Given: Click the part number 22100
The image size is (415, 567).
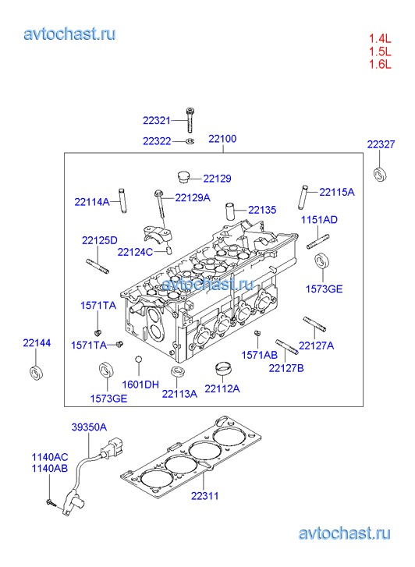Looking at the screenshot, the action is tap(222, 139).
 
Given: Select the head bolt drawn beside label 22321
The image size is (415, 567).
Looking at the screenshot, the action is tap(190, 120).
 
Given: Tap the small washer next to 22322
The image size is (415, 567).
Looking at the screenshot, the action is tap(190, 141).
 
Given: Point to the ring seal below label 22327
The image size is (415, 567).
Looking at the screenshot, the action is tap(380, 174).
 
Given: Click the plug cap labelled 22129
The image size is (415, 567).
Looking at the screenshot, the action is tap(184, 177).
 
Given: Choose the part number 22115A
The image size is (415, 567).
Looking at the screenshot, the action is tap(337, 192).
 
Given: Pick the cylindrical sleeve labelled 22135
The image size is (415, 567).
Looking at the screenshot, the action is tap(230, 211).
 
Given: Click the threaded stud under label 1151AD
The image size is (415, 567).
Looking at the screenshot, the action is tap(318, 242).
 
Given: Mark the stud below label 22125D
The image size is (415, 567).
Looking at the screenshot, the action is tap(97, 266).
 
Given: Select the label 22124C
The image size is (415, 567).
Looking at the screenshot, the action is tap(135, 252).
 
